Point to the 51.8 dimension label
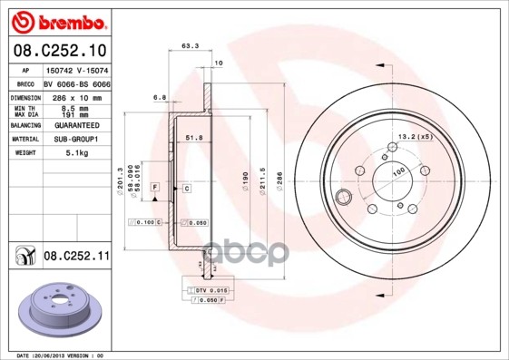tap(193, 137)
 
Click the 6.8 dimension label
tap(160, 96)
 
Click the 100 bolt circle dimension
tap(397, 171)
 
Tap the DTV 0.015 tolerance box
tap(208, 288)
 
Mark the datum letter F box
tap(155, 187)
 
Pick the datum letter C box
tap(186, 188)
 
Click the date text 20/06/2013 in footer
tap(66, 355)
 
